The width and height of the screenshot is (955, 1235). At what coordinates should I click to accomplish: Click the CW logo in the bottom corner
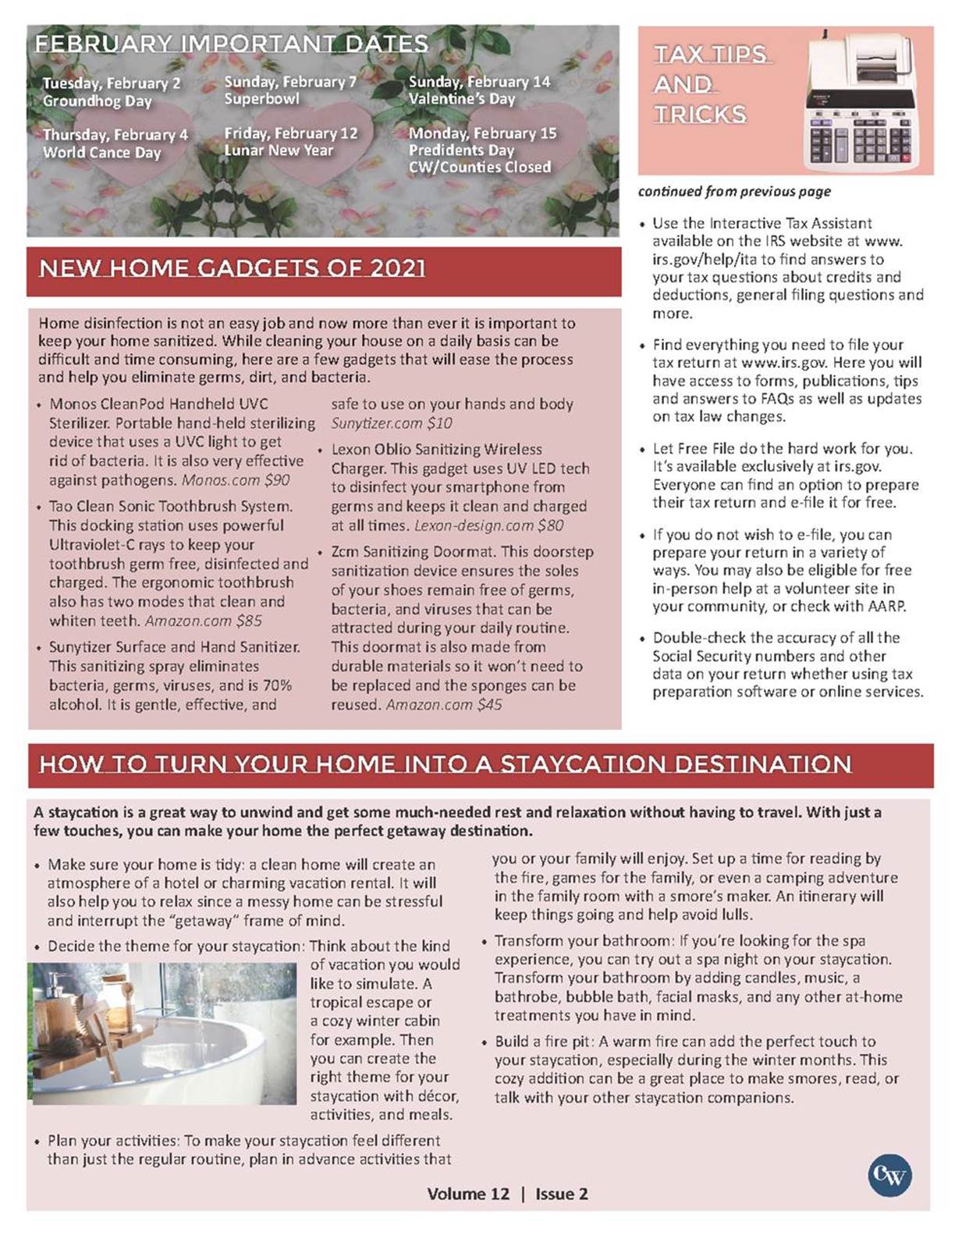(x=889, y=1175)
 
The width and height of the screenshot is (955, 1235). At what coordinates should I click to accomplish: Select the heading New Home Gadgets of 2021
(x=233, y=269)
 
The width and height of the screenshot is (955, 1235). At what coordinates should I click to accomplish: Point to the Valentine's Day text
(x=462, y=99)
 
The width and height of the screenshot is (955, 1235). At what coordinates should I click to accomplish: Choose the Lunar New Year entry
(x=279, y=150)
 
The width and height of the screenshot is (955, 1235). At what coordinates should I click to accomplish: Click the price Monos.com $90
(x=235, y=480)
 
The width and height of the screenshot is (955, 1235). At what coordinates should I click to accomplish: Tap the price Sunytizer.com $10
(x=392, y=423)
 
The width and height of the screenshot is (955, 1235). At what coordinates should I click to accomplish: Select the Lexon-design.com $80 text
(x=488, y=525)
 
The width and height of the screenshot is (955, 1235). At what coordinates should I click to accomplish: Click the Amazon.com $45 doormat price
(x=444, y=705)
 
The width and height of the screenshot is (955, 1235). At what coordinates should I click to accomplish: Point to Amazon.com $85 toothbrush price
(x=203, y=621)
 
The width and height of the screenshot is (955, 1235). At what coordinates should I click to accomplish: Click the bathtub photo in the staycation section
(x=165, y=1033)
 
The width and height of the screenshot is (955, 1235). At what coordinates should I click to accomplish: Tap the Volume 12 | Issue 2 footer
(x=507, y=1194)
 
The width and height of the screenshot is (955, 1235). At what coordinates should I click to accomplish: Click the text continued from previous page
(x=734, y=192)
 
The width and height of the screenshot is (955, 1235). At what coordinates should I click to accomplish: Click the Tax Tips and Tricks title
(x=710, y=84)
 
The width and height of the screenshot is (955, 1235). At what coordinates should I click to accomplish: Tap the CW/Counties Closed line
(x=479, y=167)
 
